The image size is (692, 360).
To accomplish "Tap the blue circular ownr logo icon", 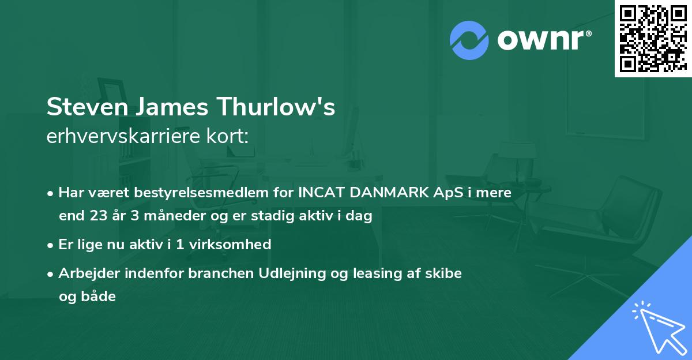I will [x=469, y=40].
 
